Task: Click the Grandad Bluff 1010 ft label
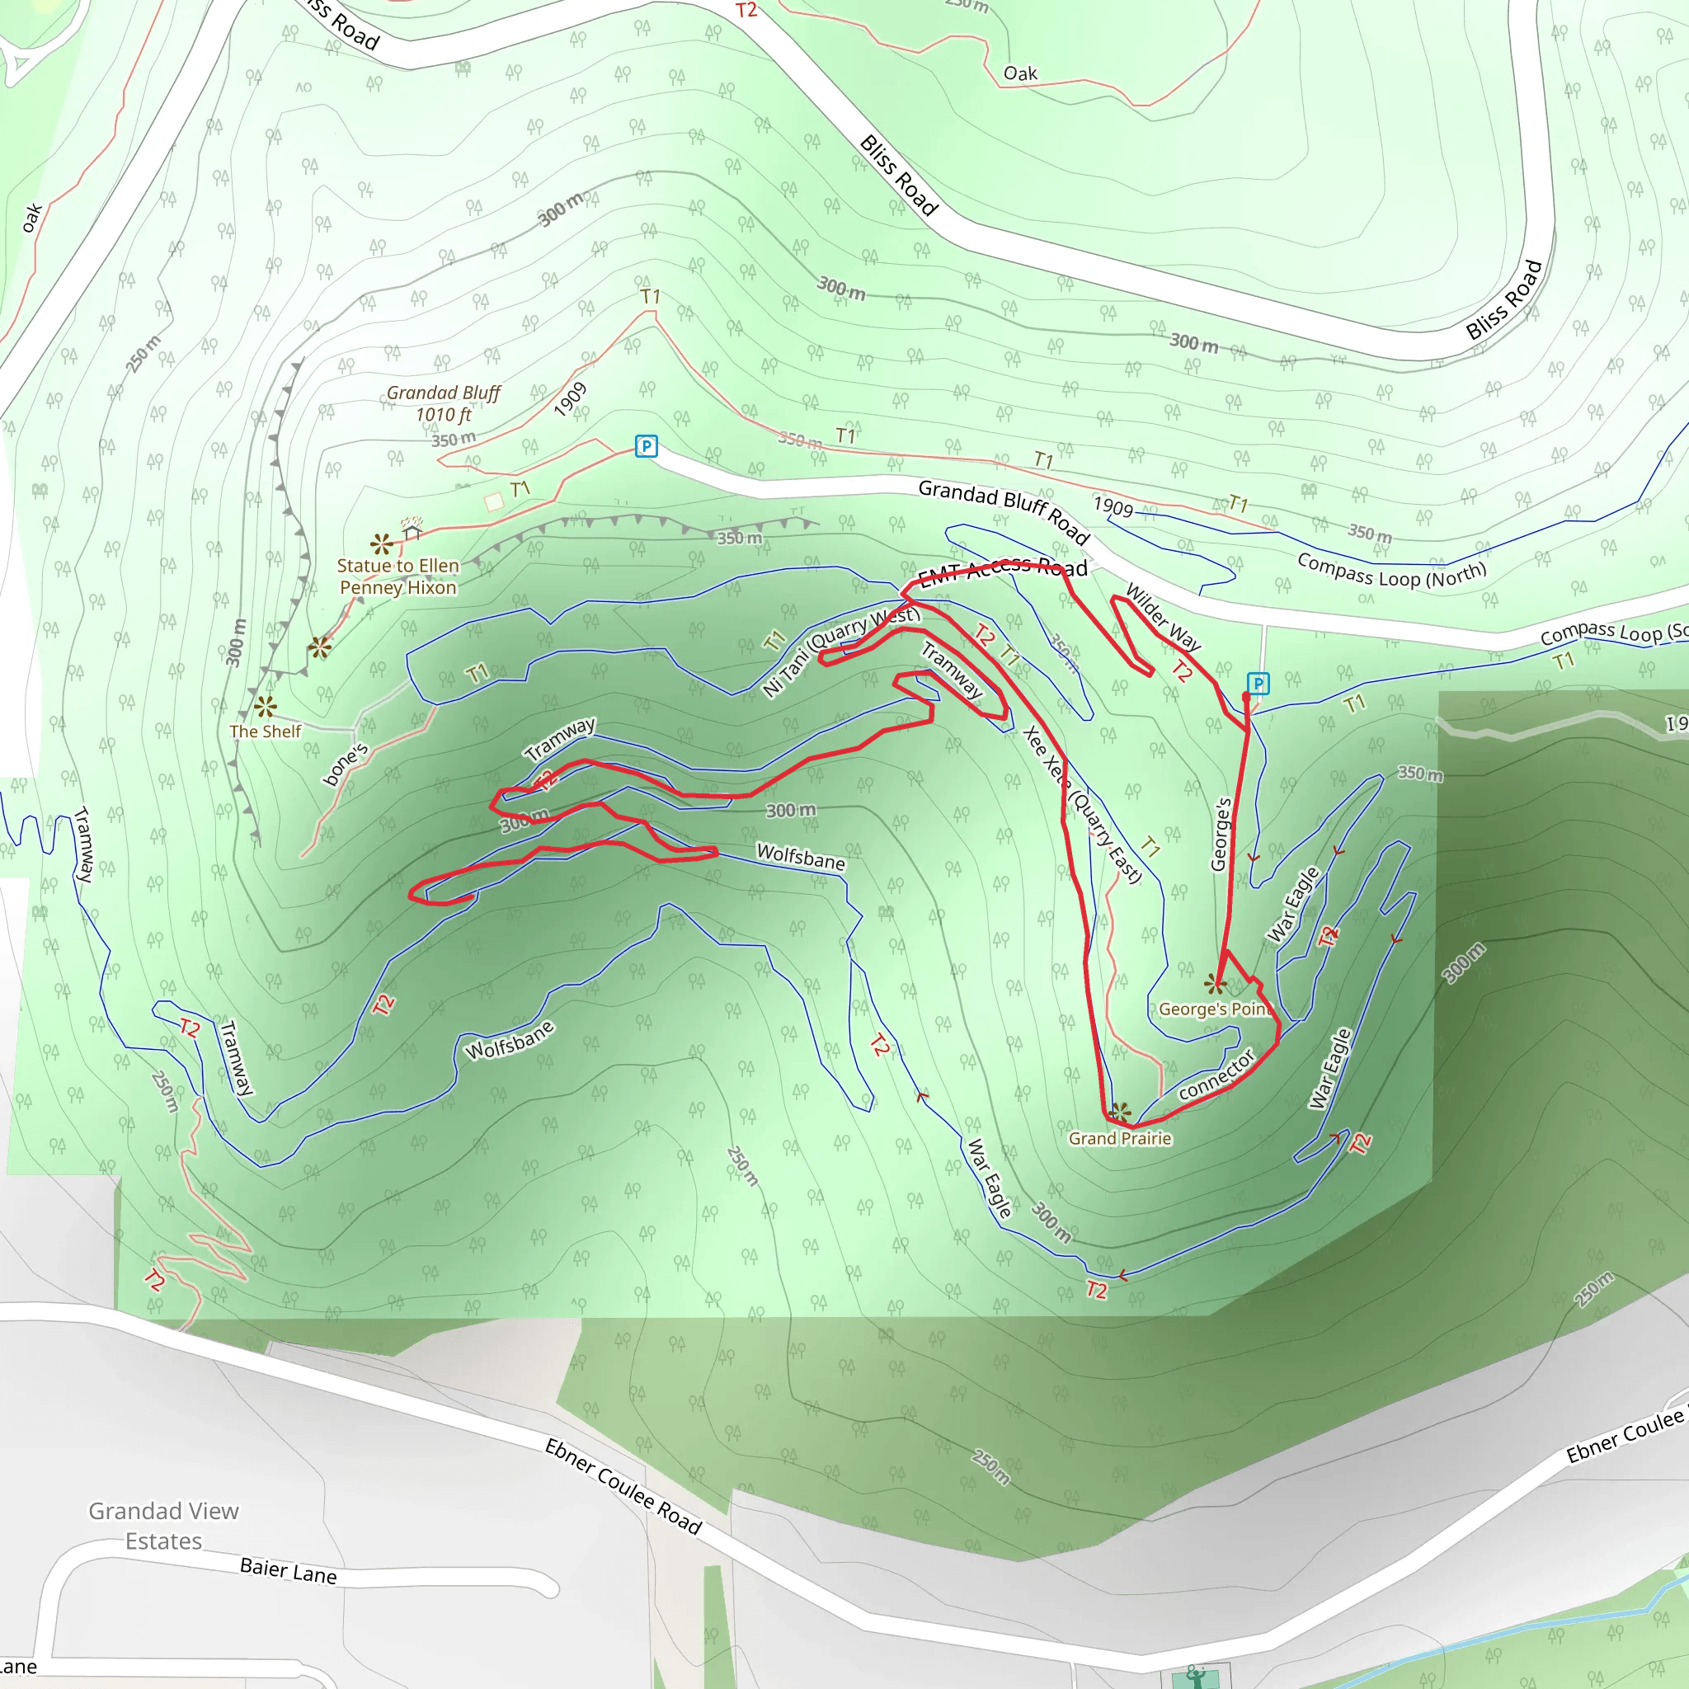coord(443,404)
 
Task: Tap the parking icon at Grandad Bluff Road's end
coord(645,447)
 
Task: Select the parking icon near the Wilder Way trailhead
coord(1257,684)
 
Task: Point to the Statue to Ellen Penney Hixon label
coord(398,577)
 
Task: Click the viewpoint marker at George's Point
coord(1214,985)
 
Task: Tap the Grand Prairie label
coord(1120,1138)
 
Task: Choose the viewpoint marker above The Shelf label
coord(265,707)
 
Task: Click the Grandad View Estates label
coord(163,1526)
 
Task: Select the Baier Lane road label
coord(289,1571)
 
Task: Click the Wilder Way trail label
coord(1163,617)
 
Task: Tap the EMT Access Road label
coord(1003,571)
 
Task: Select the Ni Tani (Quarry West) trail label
coord(841,651)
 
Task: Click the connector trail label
coord(1216,1075)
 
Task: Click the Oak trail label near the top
coord(1020,73)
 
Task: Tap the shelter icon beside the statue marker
coord(412,529)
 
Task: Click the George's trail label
coord(1221,834)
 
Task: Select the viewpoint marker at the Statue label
coord(381,543)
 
